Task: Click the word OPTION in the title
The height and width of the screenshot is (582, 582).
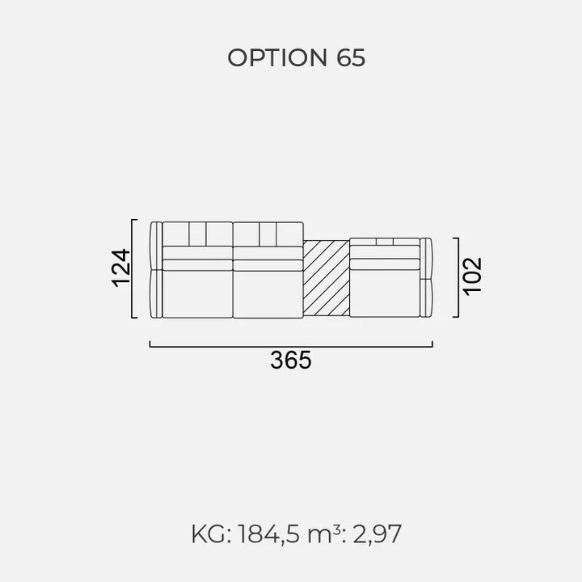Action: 277,58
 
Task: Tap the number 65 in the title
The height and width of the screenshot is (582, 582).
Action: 351,58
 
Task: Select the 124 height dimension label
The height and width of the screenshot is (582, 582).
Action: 121,268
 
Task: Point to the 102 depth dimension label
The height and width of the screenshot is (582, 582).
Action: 472,276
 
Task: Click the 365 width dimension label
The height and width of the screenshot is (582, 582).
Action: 291,360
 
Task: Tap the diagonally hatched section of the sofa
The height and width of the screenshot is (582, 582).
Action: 327,278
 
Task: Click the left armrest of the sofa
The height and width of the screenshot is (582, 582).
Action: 156,270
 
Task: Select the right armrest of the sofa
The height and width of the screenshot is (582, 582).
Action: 426,277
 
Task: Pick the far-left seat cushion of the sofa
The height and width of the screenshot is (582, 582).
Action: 197,294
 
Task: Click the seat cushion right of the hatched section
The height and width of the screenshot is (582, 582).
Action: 385,293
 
